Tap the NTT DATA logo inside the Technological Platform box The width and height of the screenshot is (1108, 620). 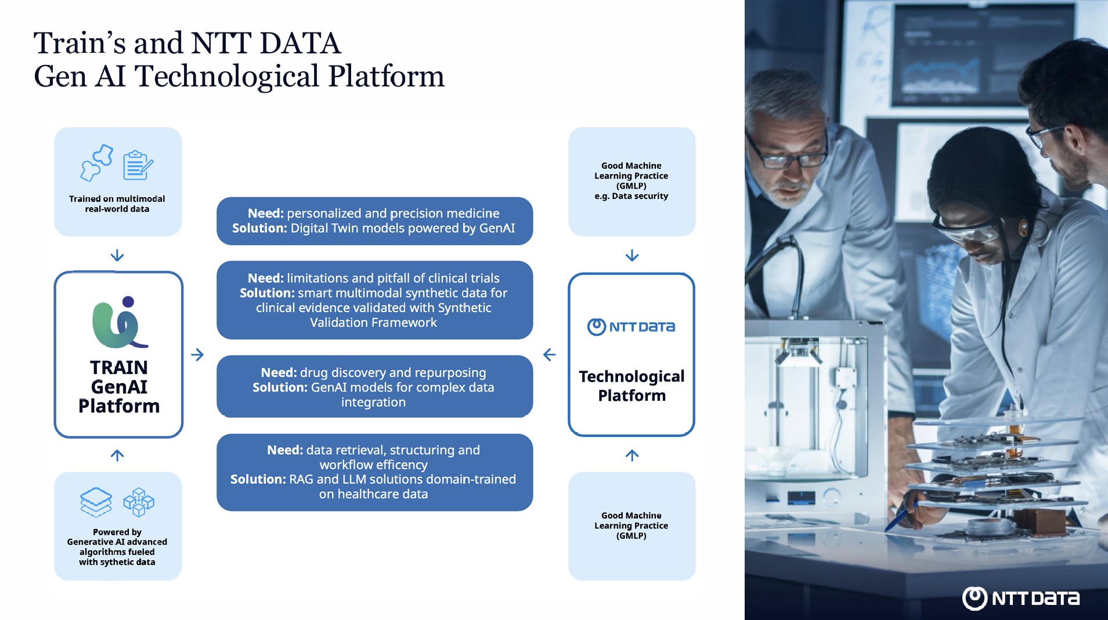631,327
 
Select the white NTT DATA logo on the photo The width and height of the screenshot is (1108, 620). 1020,598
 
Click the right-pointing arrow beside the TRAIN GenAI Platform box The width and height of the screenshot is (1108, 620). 197,354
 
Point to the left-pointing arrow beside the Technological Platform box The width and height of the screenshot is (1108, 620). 549,354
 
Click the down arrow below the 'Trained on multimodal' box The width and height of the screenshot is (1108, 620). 117,255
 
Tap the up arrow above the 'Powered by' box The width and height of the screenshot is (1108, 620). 117,455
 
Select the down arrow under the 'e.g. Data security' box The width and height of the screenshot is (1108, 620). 632,255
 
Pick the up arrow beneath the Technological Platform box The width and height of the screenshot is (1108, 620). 632,455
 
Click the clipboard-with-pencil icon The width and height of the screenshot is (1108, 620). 138,165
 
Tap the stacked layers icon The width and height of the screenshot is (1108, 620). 96,502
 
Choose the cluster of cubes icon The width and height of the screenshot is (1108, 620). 139,502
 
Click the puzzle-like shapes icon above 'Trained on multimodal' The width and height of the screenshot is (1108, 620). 97,162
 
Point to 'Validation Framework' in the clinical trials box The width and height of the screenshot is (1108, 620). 373,322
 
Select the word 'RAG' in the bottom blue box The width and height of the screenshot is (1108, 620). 301,480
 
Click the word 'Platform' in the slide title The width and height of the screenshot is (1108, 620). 386,77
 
